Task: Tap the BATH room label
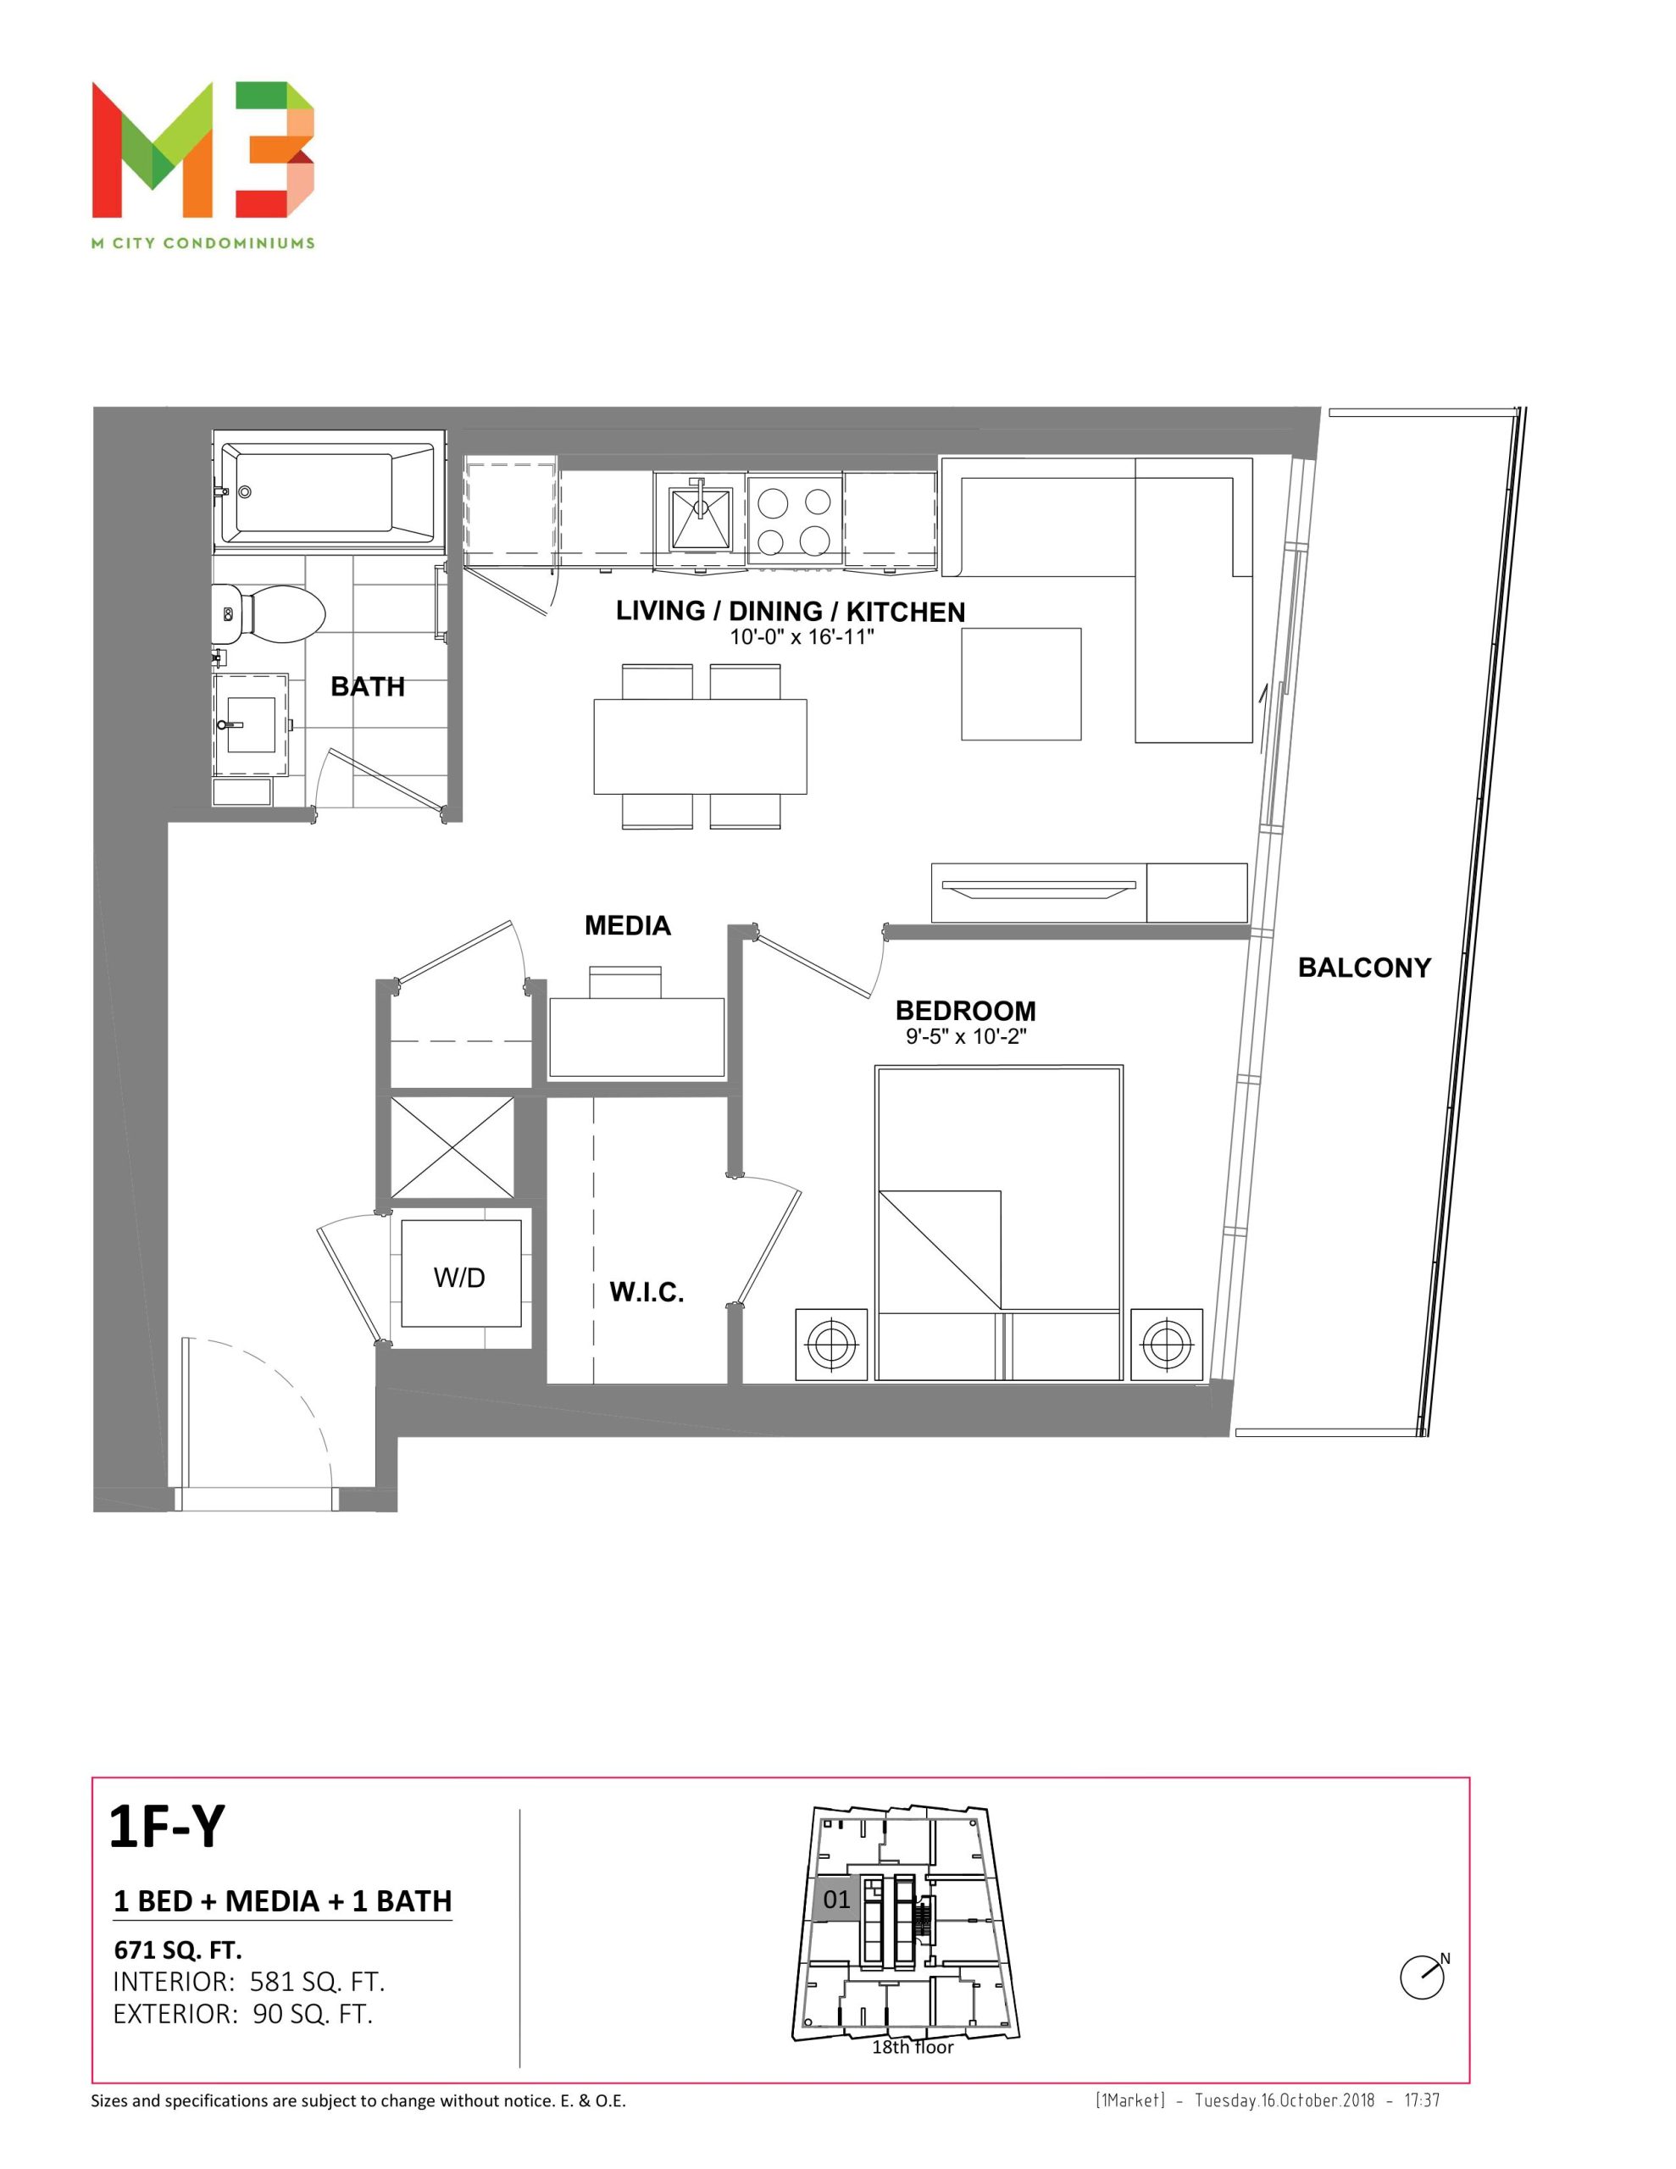coord(368,686)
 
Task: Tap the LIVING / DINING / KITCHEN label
coord(790,611)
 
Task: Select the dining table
coord(701,746)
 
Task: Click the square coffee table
coord(1020,683)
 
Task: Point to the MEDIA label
coord(627,925)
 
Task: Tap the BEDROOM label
coord(964,1010)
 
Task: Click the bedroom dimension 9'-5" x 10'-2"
coord(964,1037)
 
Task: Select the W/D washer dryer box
coord(461,1273)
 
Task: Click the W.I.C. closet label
coord(646,1292)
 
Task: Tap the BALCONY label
coord(1364,968)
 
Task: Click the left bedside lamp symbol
coord(831,1345)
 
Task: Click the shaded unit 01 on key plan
coord(835,1900)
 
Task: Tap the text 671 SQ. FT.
coord(178,1950)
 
